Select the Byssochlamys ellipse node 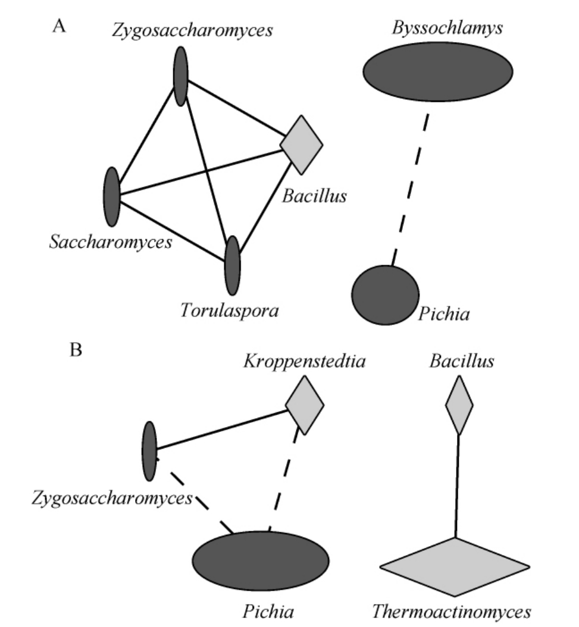(437, 70)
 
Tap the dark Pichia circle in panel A (385, 295)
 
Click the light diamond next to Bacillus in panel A (302, 144)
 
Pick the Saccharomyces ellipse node (112, 196)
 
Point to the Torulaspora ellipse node (232, 265)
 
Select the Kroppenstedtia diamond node (304, 405)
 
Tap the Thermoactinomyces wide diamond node (455, 566)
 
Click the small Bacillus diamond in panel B (459, 406)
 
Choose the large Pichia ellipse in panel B (260, 561)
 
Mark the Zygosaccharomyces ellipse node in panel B (149, 450)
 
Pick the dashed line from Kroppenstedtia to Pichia (284, 481)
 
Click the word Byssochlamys (437, 27)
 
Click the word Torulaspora (229, 311)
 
